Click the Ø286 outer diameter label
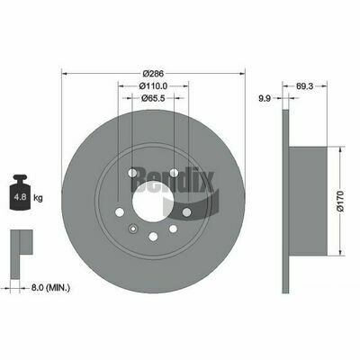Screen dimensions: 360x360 click(153, 74)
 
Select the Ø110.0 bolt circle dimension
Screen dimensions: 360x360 click(153, 85)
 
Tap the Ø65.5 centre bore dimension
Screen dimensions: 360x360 click(153, 98)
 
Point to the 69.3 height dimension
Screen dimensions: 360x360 click(304, 86)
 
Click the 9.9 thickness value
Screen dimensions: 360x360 click(265, 98)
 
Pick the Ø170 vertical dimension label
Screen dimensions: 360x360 click(340, 201)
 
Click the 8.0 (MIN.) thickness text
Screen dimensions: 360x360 click(50, 288)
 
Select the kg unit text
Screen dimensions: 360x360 click(38, 198)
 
